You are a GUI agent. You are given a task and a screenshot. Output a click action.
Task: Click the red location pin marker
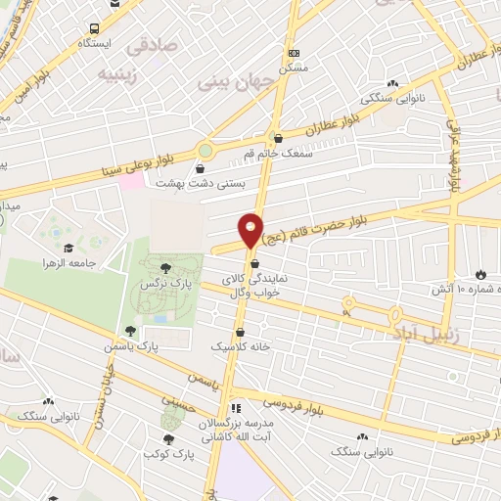[x=251, y=230]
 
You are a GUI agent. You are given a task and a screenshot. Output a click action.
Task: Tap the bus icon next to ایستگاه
[x=93, y=29]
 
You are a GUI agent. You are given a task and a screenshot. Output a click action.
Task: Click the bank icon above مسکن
[x=294, y=52]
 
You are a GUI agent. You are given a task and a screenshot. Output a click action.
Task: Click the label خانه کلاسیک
[x=240, y=346]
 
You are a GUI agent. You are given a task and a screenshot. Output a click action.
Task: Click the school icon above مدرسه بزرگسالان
[x=234, y=408]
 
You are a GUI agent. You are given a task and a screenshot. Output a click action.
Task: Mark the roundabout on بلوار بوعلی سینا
[x=205, y=151]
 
